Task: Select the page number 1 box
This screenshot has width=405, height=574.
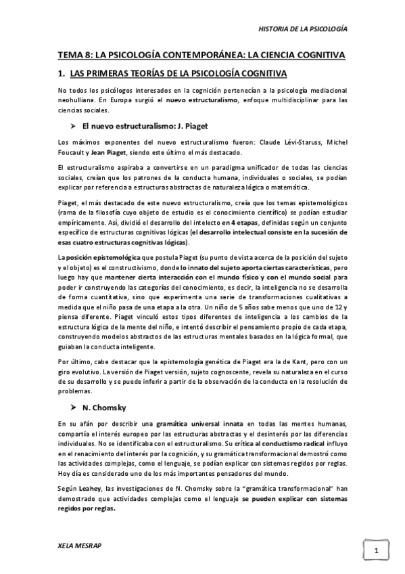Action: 375,551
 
